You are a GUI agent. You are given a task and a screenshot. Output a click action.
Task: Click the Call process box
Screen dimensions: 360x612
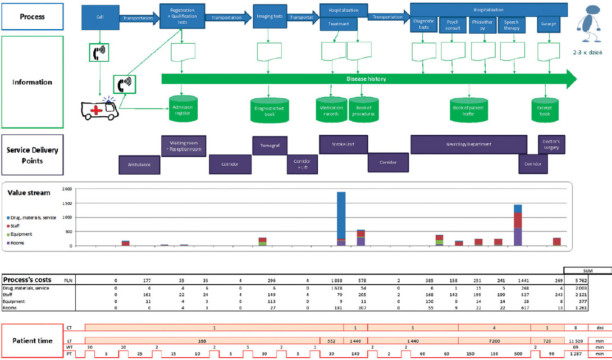pyautogui.click(x=100, y=17)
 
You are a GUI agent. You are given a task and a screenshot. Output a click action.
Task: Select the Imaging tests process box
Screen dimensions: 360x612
pyautogui.click(x=269, y=17)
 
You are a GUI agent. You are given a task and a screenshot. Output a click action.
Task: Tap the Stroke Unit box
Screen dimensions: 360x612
pyautogui.click(x=344, y=144)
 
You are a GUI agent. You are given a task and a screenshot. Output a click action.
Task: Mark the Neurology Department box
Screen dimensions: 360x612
pyautogui.click(x=469, y=144)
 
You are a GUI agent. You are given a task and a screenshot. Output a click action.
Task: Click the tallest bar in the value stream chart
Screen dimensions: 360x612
pyautogui.click(x=341, y=218)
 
